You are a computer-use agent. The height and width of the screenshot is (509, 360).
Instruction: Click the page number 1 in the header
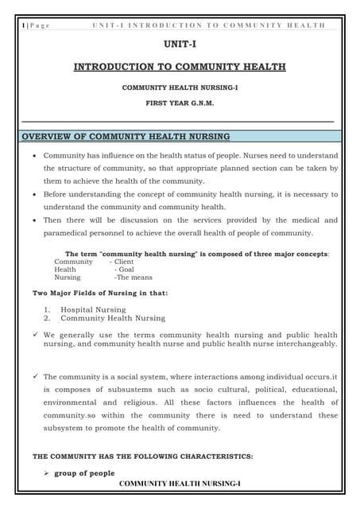click(25, 25)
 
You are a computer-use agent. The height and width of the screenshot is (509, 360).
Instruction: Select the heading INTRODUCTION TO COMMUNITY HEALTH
click(180, 68)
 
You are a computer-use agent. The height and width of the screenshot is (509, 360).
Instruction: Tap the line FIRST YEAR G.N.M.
click(180, 103)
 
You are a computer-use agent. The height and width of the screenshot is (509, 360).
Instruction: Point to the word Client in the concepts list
click(124, 262)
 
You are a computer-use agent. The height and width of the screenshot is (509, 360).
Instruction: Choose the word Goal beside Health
click(125, 270)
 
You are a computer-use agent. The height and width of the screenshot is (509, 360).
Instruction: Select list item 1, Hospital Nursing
click(93, 309)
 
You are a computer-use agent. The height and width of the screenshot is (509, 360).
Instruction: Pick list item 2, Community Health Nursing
click(113, 318)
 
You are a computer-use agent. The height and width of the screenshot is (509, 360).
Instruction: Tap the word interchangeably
click(306, 344)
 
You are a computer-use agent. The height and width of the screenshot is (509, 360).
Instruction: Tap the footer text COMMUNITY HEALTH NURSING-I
click(179, 484)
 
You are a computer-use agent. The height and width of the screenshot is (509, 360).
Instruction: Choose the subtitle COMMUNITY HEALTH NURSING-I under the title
click(180, 86)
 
